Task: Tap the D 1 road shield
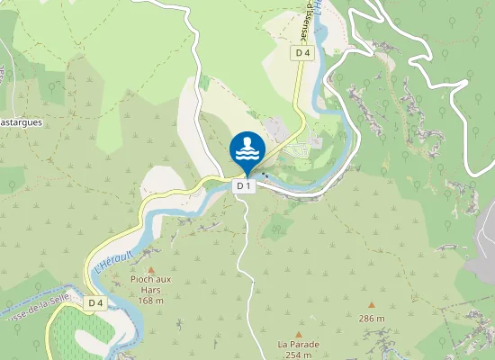242,186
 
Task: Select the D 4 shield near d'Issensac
302,54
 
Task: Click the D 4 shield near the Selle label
96,304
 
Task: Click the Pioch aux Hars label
151,280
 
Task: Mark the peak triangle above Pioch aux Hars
151,268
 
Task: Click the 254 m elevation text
298,355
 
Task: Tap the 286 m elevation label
372,319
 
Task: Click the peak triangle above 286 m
372,306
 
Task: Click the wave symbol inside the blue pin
247,154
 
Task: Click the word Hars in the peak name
151,289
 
